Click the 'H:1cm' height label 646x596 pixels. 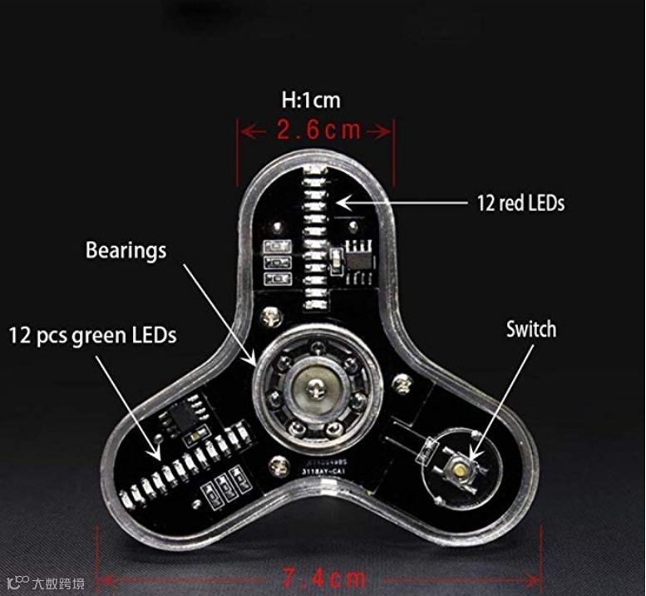click(311, 101)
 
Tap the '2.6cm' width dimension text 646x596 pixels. click(318, 131)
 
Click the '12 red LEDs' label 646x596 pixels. click(520, 203)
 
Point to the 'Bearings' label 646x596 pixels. click(126, 250)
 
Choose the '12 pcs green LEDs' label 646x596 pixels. click(93, 336)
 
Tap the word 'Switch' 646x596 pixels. click(530, 329)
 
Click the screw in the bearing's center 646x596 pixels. click(316, 385)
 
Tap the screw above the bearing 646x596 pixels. click(269, 316)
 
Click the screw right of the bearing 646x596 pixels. click(402, 382)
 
